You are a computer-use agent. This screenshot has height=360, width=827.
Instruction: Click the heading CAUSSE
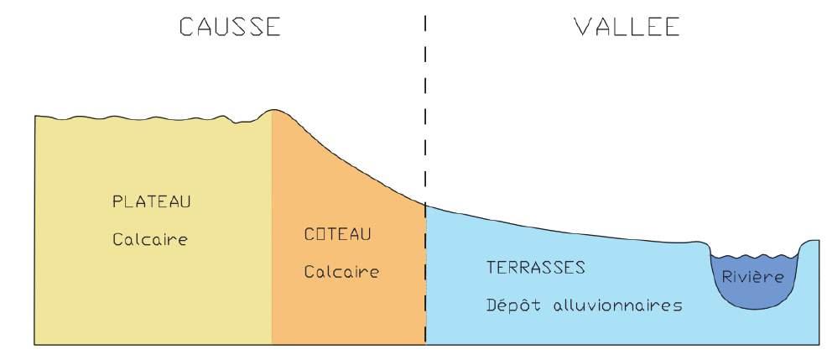pyautogui.click(x=229, y=27)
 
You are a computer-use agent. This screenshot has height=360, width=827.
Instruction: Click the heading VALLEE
pyautogui.click(x=626, y=27)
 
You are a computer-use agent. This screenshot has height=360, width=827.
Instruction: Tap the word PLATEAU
pyautogui.click(x=152, y=202)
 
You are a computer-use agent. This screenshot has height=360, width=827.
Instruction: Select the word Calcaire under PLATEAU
pyautogui.click(x=150, y=239)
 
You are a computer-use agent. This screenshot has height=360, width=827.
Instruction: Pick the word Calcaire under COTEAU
pyautogui.click(x=341, y=272)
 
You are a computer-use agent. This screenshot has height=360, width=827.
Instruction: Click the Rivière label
pyautogui.click(x=752, y=276)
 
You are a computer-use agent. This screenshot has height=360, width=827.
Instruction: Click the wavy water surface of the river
pyautogui.click(x=752, y=255)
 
